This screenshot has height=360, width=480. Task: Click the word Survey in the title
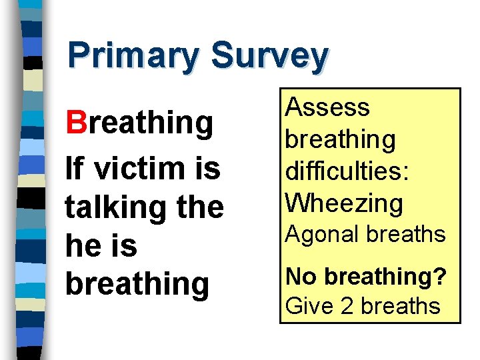269,57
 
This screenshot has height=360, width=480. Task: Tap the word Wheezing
344,203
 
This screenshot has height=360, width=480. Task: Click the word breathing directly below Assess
340,140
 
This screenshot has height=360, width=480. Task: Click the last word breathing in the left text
137,284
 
